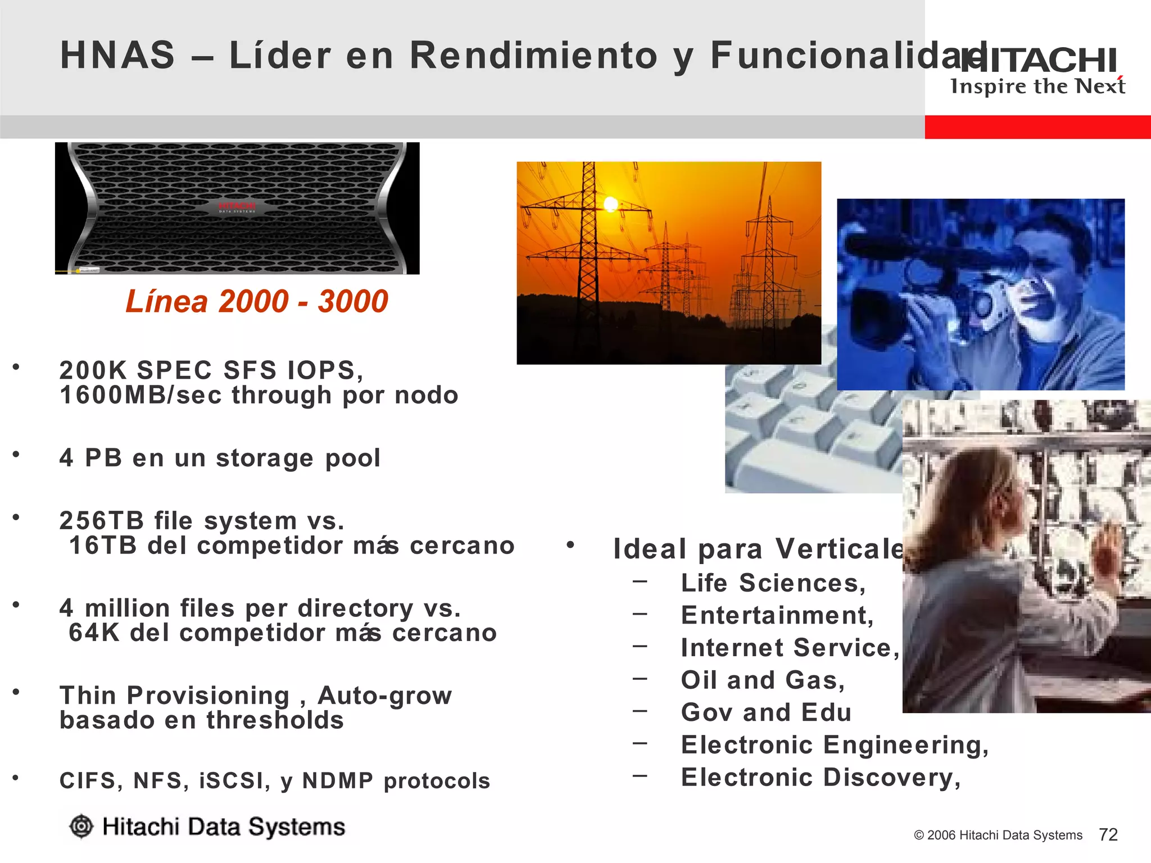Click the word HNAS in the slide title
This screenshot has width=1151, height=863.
(117, 56)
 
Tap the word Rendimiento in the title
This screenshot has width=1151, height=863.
(533, 56)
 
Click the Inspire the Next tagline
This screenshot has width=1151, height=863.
(1037, 87)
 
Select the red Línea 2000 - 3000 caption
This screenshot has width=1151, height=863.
(257, 301)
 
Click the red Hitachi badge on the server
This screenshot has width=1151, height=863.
(237, 207)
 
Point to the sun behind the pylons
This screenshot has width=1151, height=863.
(610, 204)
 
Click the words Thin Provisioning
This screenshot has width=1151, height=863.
(174, 695)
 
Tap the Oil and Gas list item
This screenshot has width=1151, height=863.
(763, 680)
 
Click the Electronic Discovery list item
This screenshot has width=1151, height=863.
(821, 777)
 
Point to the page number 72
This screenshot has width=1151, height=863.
(1108, 834)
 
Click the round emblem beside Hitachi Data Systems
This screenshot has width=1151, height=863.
(81, 826)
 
